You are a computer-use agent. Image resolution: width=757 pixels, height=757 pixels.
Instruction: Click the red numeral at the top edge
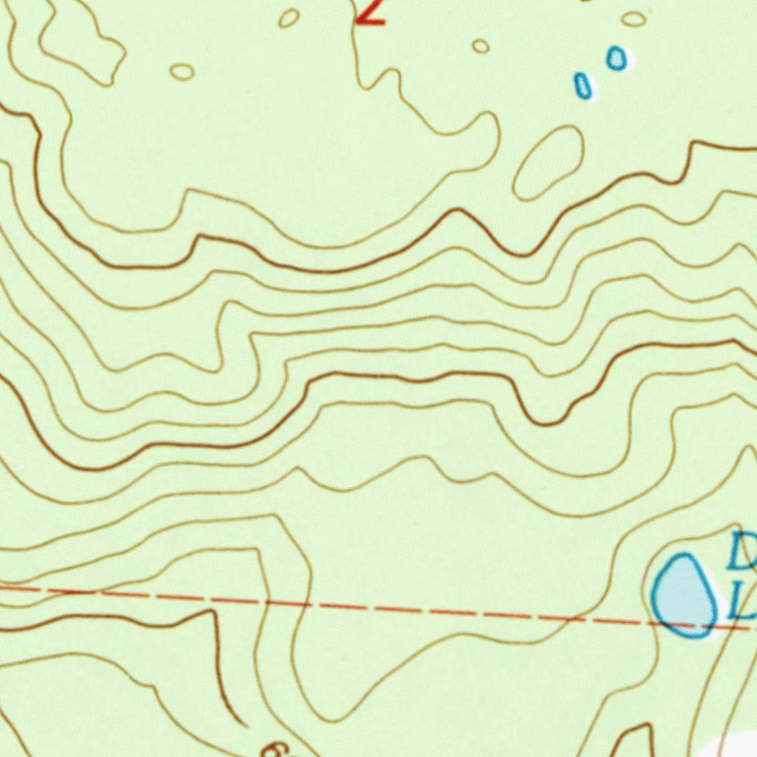tap(370, 12)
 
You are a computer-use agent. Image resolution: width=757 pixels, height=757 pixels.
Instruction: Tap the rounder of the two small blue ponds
tap(616, 58)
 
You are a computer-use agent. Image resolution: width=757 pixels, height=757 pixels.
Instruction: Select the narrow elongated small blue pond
tap(584, 86)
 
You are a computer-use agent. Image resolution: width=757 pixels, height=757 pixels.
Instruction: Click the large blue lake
tap(684, 596)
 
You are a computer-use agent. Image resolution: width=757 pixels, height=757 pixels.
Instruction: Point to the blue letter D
tap(741, 552)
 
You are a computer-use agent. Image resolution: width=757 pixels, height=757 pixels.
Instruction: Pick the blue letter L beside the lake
tap(741, 599)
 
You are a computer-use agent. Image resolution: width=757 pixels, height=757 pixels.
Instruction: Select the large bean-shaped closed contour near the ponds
tap(548, 163)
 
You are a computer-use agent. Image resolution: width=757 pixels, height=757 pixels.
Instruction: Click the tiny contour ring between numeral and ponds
tap(480, 46)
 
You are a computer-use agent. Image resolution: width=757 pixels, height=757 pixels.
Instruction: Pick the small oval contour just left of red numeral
tap(289, 18)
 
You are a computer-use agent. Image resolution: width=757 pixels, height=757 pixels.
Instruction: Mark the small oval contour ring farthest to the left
tap(181, 71)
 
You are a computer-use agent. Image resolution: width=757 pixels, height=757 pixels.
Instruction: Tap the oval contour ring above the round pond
tap(634, 19)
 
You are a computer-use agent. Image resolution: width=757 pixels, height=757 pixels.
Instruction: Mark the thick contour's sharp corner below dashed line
tap(213, 612)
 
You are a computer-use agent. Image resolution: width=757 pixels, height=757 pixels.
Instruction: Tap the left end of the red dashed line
tap(3, 588)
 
